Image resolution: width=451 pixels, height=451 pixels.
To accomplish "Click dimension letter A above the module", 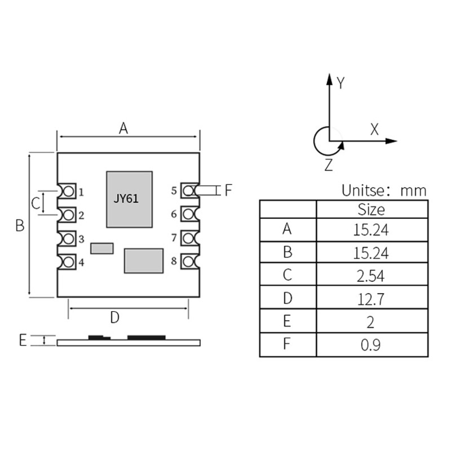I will click(123, 129).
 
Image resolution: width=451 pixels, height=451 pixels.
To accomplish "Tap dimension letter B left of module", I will click(20, 225).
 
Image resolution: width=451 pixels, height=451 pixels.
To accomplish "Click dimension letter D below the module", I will click(114, 317).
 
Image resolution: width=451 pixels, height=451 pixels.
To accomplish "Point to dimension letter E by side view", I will click(23, 340).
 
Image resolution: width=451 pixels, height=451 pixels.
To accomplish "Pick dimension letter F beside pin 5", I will click(228, 190).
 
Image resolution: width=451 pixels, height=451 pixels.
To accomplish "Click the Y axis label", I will click(340, 83).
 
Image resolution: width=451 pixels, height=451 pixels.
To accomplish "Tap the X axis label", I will click(374, 129).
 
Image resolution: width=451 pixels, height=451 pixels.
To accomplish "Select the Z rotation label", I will click(329, 165).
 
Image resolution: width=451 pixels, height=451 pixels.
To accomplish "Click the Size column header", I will click(372, 210).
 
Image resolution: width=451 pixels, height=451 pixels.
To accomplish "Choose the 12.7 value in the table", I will click(371, 299).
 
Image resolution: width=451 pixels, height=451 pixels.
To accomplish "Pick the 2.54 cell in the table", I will click(371, 276).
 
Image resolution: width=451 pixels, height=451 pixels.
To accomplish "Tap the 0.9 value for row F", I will click(371, 345).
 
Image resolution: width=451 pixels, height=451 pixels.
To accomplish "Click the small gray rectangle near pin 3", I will click(102, 248).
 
